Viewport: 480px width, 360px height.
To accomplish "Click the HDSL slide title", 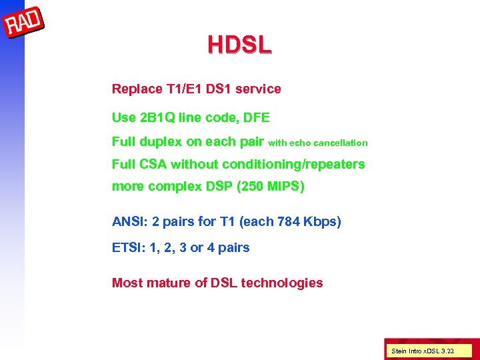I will pyautogui.click(x=239, y=45).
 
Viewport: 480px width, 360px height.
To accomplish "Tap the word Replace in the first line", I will pyautogui.click(x=136, y=89).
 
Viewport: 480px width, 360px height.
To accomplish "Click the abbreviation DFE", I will pyautogui.click(x=257, y=118).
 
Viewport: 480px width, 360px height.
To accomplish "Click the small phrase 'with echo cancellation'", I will pyautogui.click(x=317, y=143).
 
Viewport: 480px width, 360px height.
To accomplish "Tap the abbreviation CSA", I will pyautogui.click(x=153, y=164).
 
